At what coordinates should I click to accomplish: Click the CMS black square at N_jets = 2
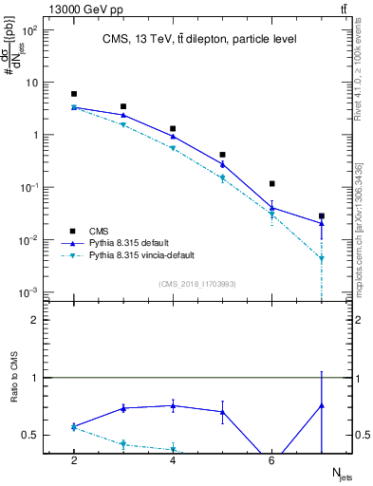pyautogui.click(x=74, y=94)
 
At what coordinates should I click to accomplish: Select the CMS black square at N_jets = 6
pyautogui.click(x=272, y=184)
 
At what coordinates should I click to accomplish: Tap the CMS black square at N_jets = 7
pyautogui.click(x=322, y=216)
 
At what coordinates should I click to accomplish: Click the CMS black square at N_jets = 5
pyautogui.click(x=222, y=155)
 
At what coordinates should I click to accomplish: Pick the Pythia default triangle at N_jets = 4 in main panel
pyautogui.click(x=173, y=137)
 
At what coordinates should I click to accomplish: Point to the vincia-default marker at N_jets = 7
pyautogui.click(x=322, y=258)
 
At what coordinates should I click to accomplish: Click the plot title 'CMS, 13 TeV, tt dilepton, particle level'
pyautogui.click(x=198, y=39)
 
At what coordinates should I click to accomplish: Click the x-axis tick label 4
pyautogui.click(x=173, y=460)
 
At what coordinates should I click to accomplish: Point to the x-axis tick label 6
pyautogui.click(x=272, y=460)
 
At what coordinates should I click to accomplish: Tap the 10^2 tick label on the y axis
pyautogui.click(x=30, y=29)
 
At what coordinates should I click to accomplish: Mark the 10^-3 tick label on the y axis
pyautogui.click(x=30, y=292)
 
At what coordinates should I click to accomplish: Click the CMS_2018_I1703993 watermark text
pyautogui.click(x=198, y=284)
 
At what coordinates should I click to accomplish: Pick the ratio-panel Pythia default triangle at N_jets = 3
pyautogui.click(x=123, y=408)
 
